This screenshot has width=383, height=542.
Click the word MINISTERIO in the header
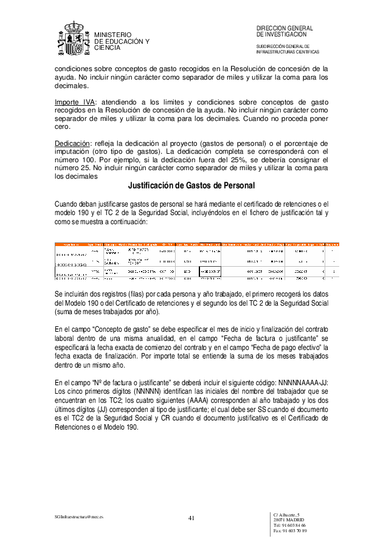[112, 35]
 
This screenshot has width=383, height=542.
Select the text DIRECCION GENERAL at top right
[285, 29]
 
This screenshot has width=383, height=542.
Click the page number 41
[191, 518]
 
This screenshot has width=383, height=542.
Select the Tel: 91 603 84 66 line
[289, 526]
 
